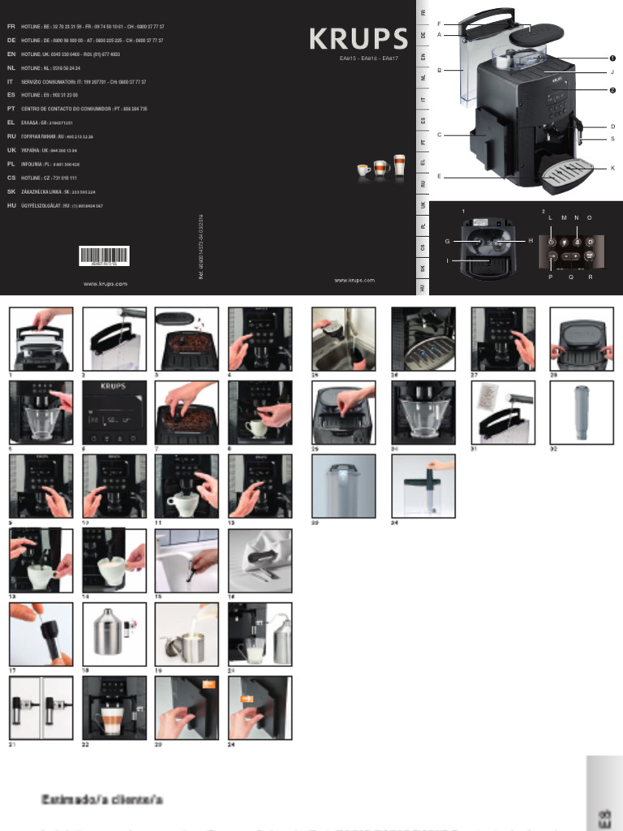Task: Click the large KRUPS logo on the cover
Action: click(x=358, y=38)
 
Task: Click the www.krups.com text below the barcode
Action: click(x=105, y=284)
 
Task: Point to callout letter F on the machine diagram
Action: click(x=439, y=24)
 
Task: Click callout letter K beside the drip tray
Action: click(x=612, y=168)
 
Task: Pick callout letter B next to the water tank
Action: click(x=439, y=71)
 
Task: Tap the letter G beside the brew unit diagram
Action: click(x=447, y=241)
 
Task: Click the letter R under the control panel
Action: click(x=590, y=277)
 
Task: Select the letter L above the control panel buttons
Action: click(x=551, y=218)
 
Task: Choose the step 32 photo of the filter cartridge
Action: click(x=582, y=413)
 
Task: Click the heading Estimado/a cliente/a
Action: click(x=103, y=800)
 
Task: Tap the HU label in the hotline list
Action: click(x=11, y=206)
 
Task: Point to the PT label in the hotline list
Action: click(x=11, y=108)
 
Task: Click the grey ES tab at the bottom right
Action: click(x=604, y=816)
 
